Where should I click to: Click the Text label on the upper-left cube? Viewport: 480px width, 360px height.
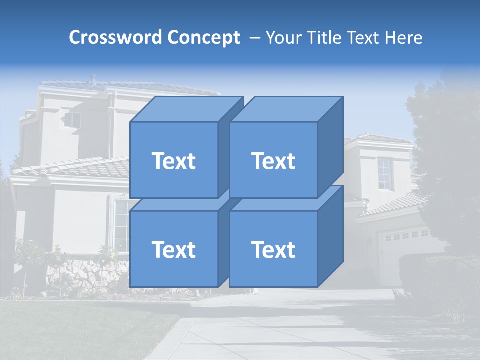point(174,161)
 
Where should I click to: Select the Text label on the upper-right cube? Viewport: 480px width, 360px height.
point(273,161)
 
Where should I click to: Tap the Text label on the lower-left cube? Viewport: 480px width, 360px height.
point(174,249)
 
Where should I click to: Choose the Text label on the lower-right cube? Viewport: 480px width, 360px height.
point(273,249)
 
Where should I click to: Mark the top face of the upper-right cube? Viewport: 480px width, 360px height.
point(286,109)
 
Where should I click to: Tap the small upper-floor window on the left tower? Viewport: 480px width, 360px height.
point(72,120)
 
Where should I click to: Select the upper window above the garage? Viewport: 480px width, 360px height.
point(384,174)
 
